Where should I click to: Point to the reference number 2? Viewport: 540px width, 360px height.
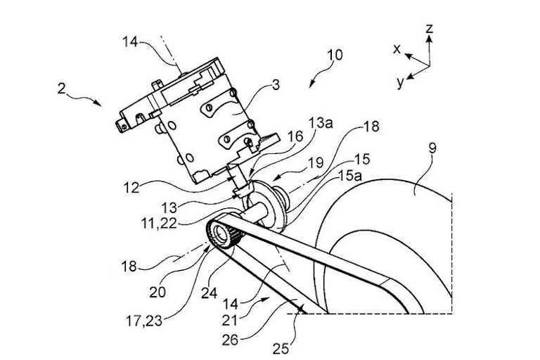click(x=63, y=90)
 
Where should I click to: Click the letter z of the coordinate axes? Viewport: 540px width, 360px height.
click(x=428, y=29)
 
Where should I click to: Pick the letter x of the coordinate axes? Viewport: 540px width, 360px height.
click(x=397, y=49)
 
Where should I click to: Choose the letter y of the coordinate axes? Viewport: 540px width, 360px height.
click(x=400, y=82)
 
